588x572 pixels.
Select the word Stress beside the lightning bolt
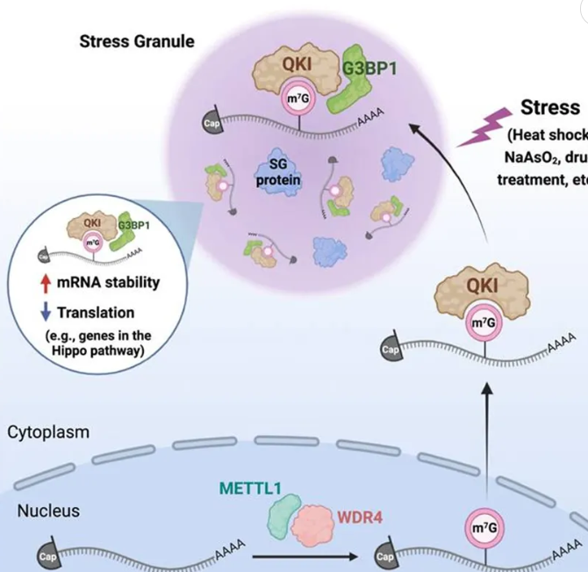click(550, 108)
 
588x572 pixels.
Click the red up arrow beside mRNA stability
click(46, 282)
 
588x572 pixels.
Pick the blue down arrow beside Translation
click(46, 311)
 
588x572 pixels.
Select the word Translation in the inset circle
click(97, 312)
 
